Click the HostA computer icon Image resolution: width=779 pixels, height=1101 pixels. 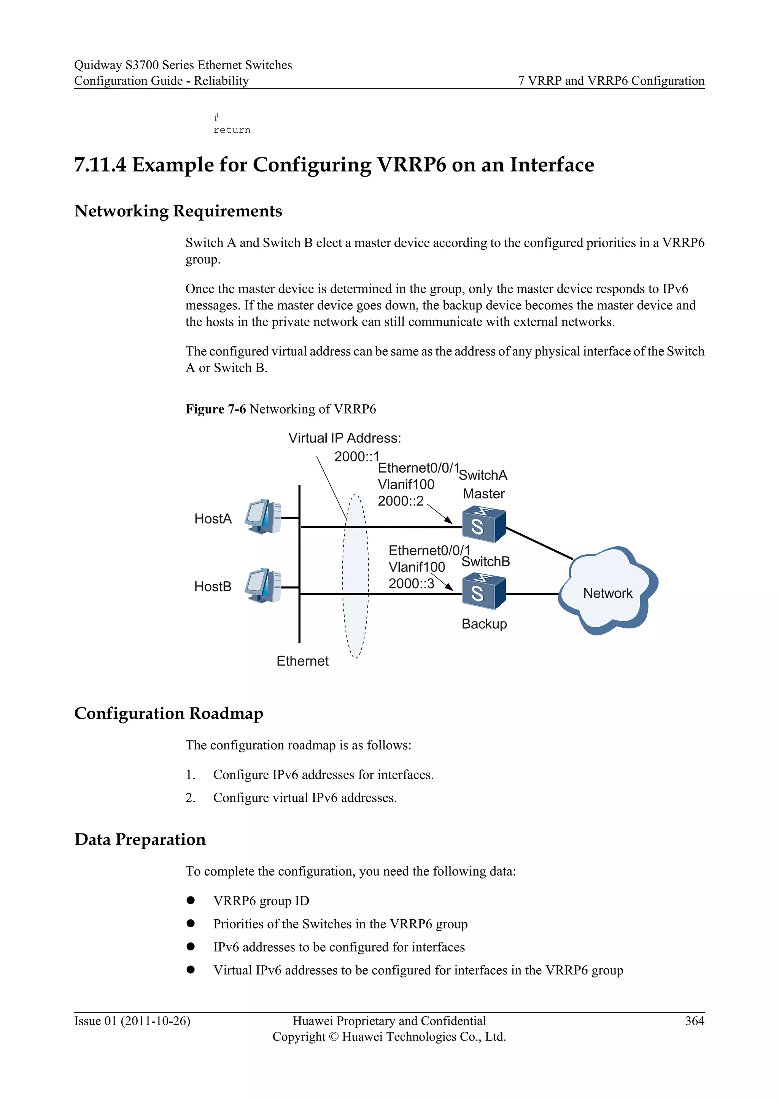pos(263,517)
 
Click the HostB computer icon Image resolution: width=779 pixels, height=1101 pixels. pos(263,585)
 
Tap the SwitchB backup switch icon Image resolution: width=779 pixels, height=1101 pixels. pos(483,593)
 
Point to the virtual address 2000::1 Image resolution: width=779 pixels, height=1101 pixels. pos(356,457)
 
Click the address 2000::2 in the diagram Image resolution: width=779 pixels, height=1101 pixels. pos(401,501)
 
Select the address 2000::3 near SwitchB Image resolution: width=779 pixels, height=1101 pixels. pos(411,584)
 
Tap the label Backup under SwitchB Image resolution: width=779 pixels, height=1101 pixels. pos(484,624)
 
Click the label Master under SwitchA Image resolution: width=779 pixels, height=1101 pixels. pos(483,494)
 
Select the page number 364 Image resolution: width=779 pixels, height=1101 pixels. pos(694,1021)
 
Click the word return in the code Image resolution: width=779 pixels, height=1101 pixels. pos(232,130)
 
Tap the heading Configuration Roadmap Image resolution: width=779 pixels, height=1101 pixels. pos(169,714)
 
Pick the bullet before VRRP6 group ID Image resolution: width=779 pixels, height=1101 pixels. pos(191,901)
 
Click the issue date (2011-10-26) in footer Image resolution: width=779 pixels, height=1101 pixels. pos(156,1021)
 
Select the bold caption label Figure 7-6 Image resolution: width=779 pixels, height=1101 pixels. pos(215,409)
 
